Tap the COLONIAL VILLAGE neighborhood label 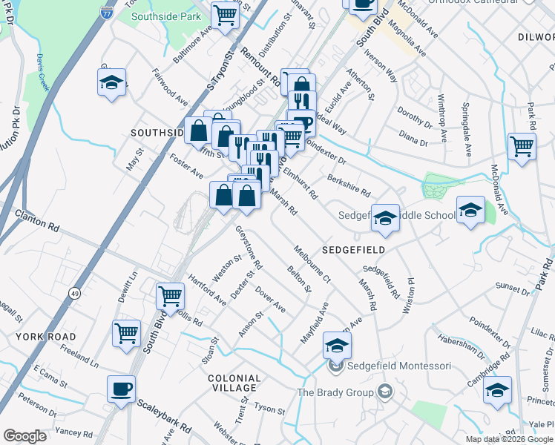234,383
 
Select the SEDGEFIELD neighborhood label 353,250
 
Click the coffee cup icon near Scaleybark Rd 122,389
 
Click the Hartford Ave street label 207,292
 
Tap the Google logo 24,436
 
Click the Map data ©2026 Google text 508,439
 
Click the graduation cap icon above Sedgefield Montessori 337,345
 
